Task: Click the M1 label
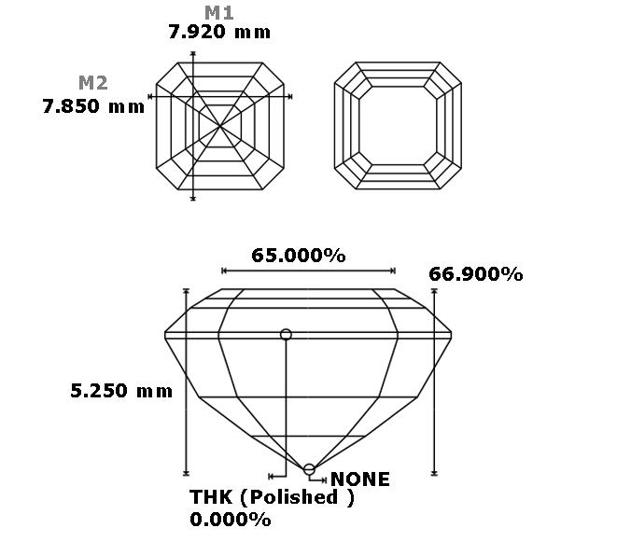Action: pyautogui.click(x=219, y=12)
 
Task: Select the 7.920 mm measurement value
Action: pyautogui.click(x=219, y=32)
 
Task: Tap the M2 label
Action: pyautogui.click(x=92, y=83)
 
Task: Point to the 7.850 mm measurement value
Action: pyautogui.click(x=93, y=106)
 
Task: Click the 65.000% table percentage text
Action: pyautogui.click(x=299, y=256)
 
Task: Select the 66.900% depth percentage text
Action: pyautogui.click(x=476, y=274)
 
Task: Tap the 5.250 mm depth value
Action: pyautogui.click(x=121, y=391)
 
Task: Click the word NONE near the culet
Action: pyautogui.click(x=360, y=479)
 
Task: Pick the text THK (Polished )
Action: pyautogui.click(x=272, y=497)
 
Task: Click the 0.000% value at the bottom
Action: pyautogui.click(x=231, y=520)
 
